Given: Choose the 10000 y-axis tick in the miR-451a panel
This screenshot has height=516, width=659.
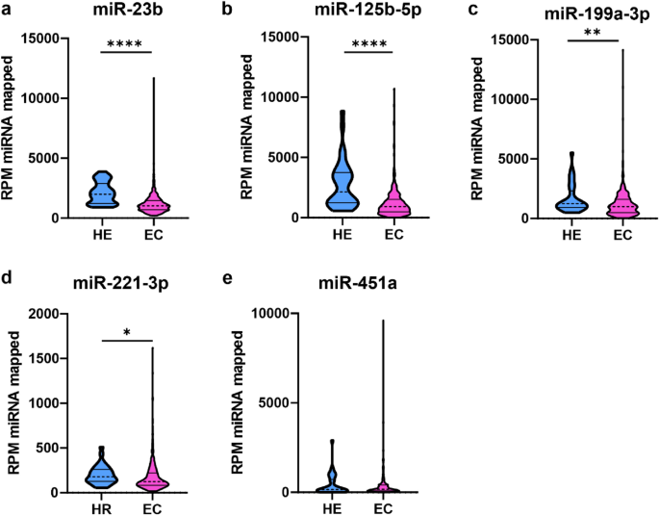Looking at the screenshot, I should click(x=270, y=314).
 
